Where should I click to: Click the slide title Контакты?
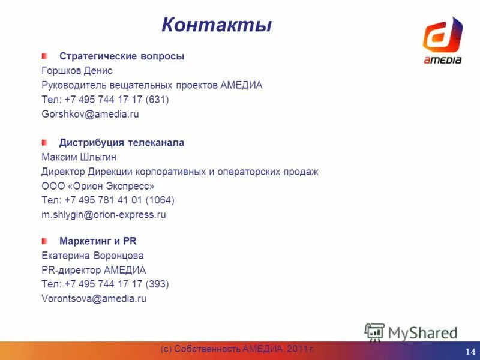point(216,25)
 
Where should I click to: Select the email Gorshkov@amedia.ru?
point(90,114)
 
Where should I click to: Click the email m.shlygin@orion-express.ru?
point(103,215)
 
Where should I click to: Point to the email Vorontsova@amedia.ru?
point(94,299)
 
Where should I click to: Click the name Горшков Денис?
point(77,71)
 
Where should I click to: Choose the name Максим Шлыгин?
point(79,157)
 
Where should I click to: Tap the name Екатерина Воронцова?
point(92,256)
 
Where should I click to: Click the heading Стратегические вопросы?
point(122,56)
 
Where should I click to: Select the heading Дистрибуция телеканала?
point(122,143)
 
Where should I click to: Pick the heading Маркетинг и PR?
point(98,241)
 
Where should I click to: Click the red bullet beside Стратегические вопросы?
point(44,56)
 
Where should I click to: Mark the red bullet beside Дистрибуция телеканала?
point(44,142)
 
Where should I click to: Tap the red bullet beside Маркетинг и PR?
point(44,241)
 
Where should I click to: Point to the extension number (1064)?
point(159,200)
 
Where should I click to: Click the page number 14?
point(470,351)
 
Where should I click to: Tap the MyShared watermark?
point(412,331)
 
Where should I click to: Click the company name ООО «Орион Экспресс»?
point(98,186)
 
